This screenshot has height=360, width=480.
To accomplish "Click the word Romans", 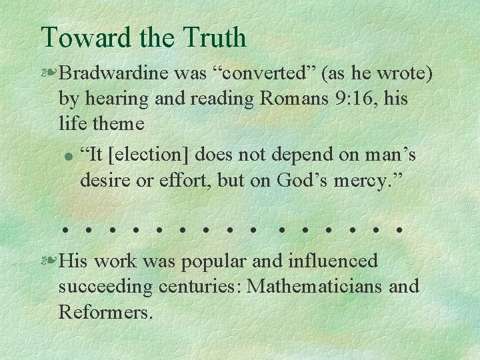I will [x=292, y=99].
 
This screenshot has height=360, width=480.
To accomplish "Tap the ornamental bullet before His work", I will [x=49, y=261].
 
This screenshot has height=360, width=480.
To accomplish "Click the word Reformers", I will [x=105, y=311].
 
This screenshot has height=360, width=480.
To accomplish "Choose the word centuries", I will [x=199, y=286].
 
